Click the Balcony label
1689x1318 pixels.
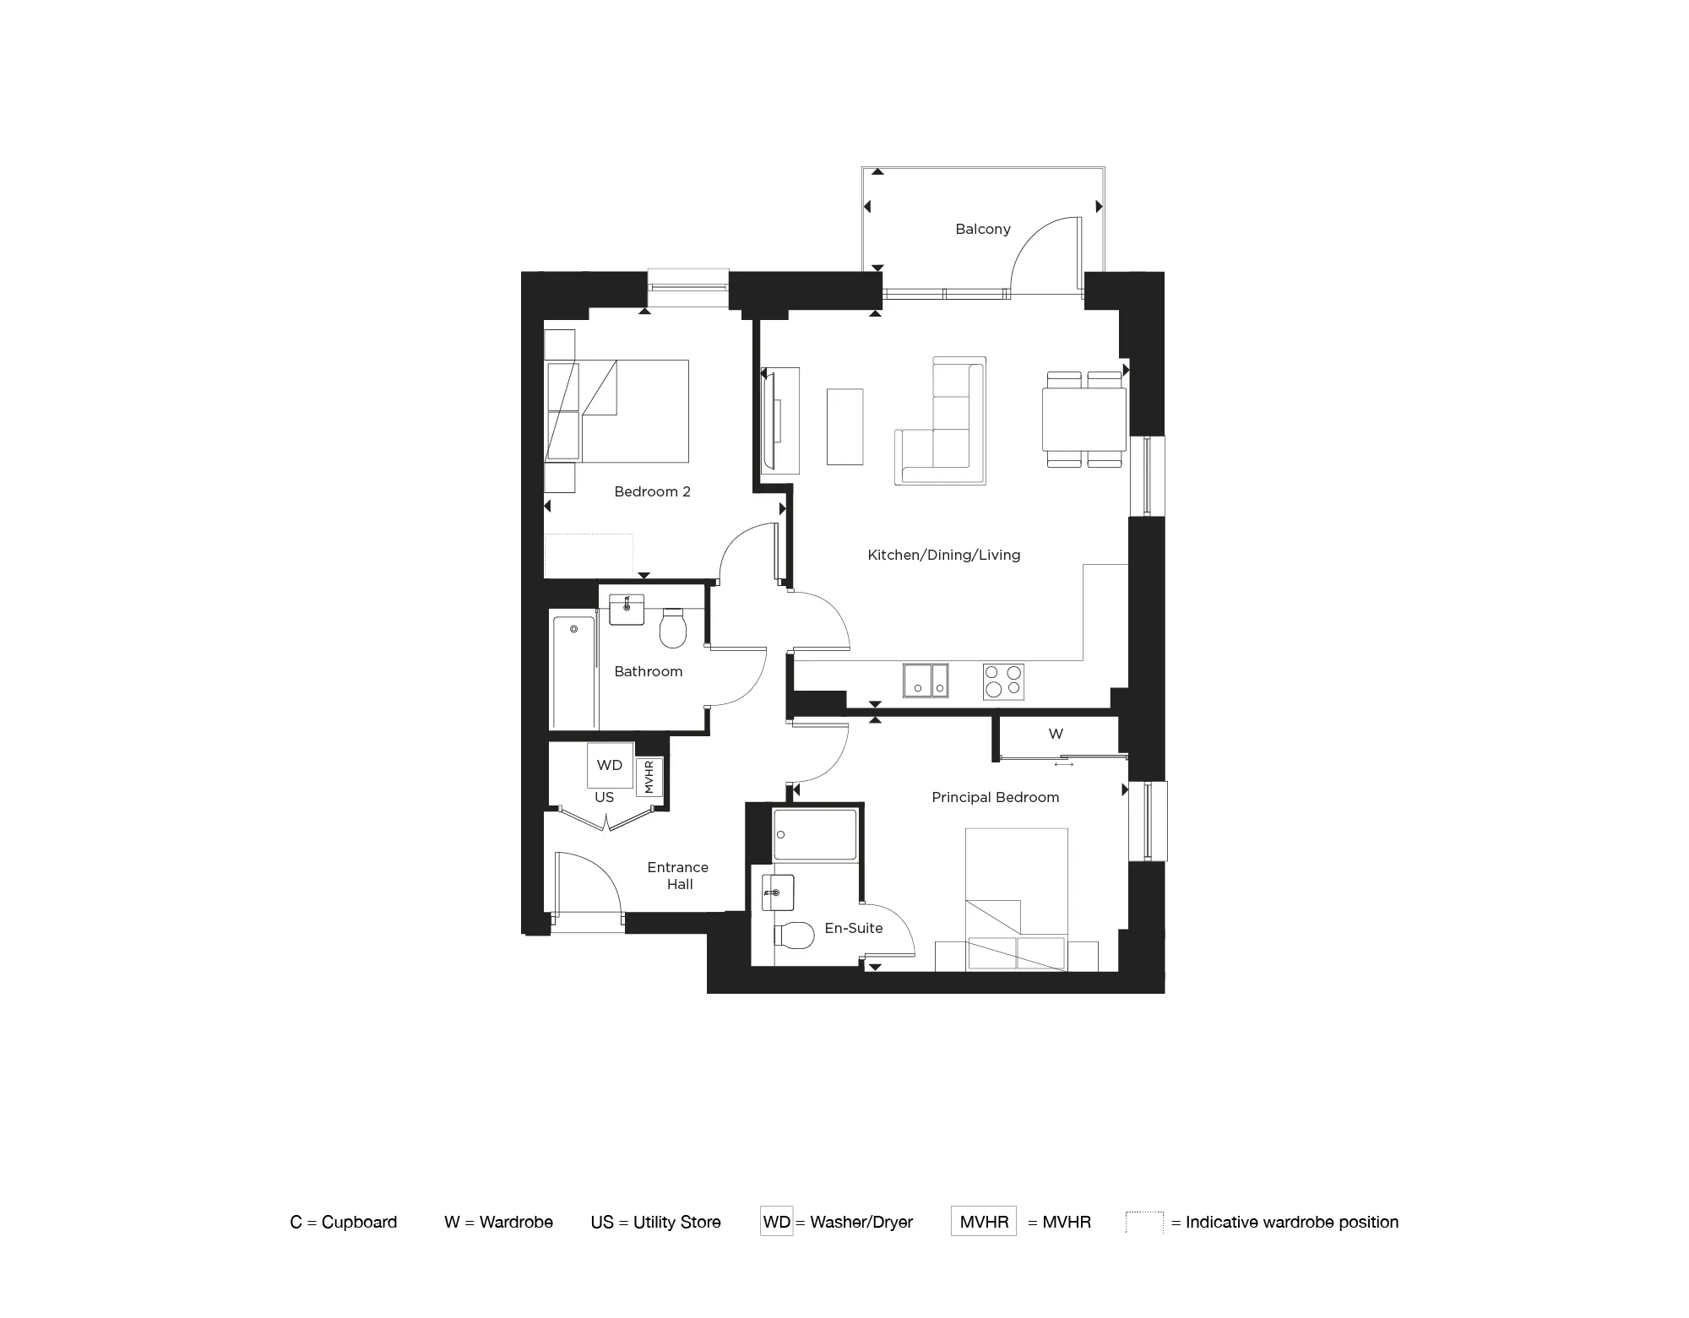pyautogui.click(x=982, y=229)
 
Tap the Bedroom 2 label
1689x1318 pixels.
pyautogui.click(x=652, y=491)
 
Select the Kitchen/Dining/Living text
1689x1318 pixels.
pyautogui.click(x=943, y=555)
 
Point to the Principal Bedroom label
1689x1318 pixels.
pyautogui.click(x=995, y=797)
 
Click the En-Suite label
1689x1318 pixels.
pyautogui.click(x=853, y=928)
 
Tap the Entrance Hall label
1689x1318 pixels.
pyautogui.click(x=678, y=876)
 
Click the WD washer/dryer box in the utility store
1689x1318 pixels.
pyautogui.click(x=610, y=765)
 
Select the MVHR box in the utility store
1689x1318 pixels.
pyautogui.click(x=649, y=777)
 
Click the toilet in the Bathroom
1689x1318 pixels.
pyautogui.click(x=673, y=628)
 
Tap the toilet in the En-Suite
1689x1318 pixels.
pyautogui.click(x=791, y=934)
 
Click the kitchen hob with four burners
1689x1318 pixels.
pyautogui.click(x=1003, y=681)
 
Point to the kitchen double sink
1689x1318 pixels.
pyautogui.click(x=926, y=681)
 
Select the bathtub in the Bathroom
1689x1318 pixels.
pyautogui.click(x=573, y=672)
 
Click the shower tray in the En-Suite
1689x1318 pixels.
pyautogui.click(x=815, y=835)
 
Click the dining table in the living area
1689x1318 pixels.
pyautogui.click(x=1084, y=419)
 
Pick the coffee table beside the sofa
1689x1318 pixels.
pyautogui.click(x=844, y=426)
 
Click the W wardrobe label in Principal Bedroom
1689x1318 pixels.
pyautogui.click(x=1056, y=734)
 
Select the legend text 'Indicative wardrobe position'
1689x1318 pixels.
pyautogui.click(x=1291, y=1222)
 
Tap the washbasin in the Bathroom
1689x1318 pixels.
pyautogui.click(x=627, y=609)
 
